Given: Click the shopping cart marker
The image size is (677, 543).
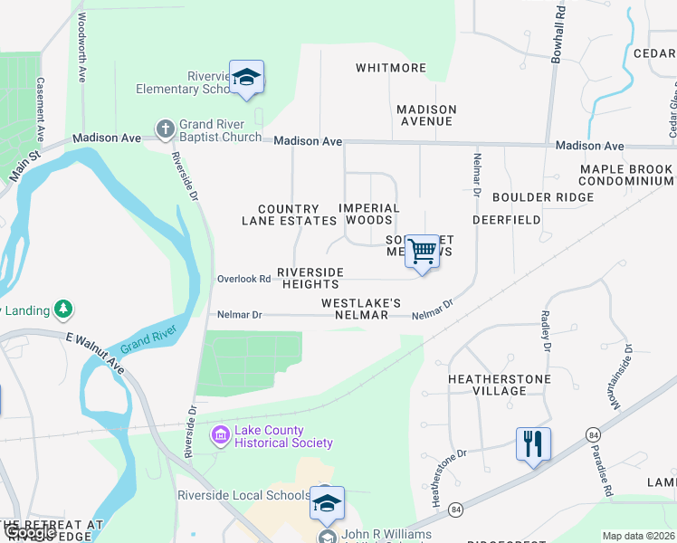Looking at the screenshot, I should pos(423,252).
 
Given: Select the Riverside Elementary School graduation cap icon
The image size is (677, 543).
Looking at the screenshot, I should pos(246,78).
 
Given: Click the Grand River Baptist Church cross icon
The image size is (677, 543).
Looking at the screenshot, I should pos(165,129).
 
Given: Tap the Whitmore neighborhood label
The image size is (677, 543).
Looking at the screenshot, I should pos(391,68).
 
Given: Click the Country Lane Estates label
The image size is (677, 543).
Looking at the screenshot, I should pos(289,214).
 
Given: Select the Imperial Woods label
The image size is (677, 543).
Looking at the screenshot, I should pos(369,214).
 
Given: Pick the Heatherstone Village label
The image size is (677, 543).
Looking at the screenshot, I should pos(487,384).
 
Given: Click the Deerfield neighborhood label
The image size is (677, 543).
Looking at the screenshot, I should pos(506,220).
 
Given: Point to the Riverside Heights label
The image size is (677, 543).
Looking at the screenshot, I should pos(310,278).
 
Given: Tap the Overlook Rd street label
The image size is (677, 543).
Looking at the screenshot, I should pos(243,279).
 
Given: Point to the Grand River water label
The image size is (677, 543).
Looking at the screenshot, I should pos(148,341).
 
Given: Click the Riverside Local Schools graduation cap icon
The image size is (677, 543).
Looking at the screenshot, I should pos(327,503).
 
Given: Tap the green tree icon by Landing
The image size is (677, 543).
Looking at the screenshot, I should pos(63,310).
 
